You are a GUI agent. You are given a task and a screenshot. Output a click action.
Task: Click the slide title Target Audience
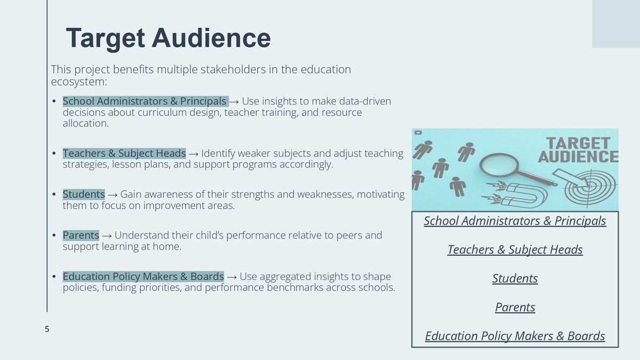[169, 38]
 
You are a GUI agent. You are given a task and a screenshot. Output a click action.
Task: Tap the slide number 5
[47, 329]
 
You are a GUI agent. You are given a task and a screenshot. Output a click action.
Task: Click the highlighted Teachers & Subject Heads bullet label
[124, 154]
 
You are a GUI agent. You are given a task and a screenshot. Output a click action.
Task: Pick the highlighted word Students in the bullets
[84, 194]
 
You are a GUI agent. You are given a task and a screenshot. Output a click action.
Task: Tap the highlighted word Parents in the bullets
[81, 235]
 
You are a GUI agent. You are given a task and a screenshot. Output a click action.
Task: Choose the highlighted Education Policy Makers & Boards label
[143, 277]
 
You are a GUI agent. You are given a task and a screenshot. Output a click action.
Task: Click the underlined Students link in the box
[515, 278]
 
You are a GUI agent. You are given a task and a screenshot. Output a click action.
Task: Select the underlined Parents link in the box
[515, 307]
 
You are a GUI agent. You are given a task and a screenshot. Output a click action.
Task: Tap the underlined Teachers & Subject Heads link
[515, 250]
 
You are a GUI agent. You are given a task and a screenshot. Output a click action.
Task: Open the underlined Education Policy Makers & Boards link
[515, 336]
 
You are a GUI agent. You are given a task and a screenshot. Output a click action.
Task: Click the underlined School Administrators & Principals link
[515, 221]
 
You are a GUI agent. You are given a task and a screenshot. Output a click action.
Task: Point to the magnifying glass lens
[499, 165]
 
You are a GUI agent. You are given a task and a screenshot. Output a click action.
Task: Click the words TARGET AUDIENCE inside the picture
[578, 150]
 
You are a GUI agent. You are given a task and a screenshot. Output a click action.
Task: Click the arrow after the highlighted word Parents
[107, 236]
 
